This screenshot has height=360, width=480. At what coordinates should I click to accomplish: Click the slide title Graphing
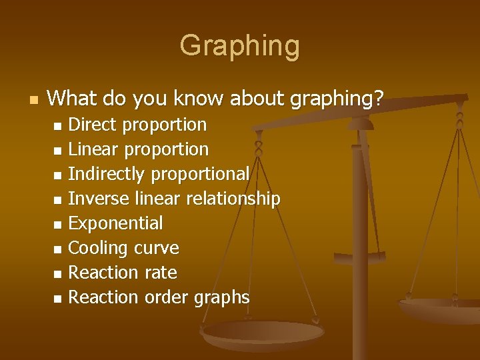tap(239, 46)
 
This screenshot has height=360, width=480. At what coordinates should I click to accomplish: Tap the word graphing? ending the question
tap(338, 99)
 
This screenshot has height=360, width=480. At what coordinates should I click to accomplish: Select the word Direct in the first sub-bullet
tap(93, 125)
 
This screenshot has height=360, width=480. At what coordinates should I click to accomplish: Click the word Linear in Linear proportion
tap(93, 149)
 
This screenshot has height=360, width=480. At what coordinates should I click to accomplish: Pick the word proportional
tap(201, 174)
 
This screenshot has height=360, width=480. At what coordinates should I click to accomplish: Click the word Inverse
tap(99, 199)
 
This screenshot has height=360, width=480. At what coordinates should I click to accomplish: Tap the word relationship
tap(233, 199)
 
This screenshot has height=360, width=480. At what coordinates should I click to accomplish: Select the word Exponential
tap(115, 223)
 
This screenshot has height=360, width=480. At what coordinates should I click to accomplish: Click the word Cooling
tap(98, 248)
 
